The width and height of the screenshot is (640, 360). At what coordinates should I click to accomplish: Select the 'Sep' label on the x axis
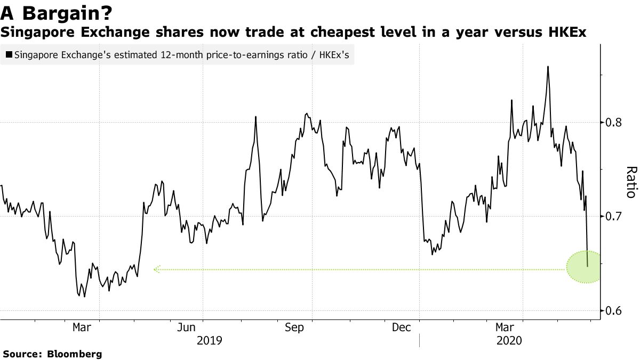coord(294,327)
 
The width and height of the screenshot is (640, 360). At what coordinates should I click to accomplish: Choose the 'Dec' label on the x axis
coord(401,327)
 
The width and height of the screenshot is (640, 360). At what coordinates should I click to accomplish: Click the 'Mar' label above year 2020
coord(505,327)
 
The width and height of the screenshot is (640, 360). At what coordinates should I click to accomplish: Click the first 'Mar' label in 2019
coord(82,327)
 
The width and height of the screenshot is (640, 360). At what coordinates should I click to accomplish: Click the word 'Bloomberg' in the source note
coord(75,354)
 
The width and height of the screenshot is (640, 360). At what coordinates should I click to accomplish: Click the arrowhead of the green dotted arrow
coord(156,269)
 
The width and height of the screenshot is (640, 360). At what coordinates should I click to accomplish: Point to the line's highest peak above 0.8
coord(548,67)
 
